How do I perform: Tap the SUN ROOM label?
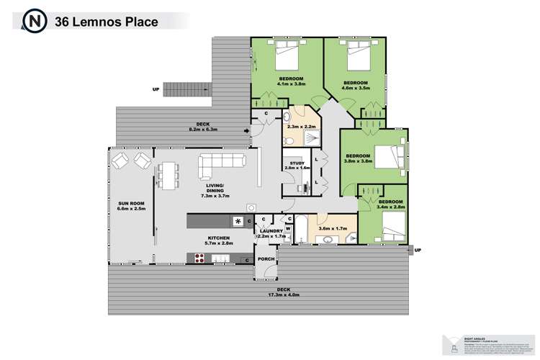(132, 205)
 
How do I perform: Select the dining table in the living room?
(170, 174)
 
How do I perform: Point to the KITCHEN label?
(218, 238)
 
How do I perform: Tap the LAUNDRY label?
(271, 231)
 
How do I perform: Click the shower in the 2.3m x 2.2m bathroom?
(305, 143)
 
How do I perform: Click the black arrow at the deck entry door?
(247, 130)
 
